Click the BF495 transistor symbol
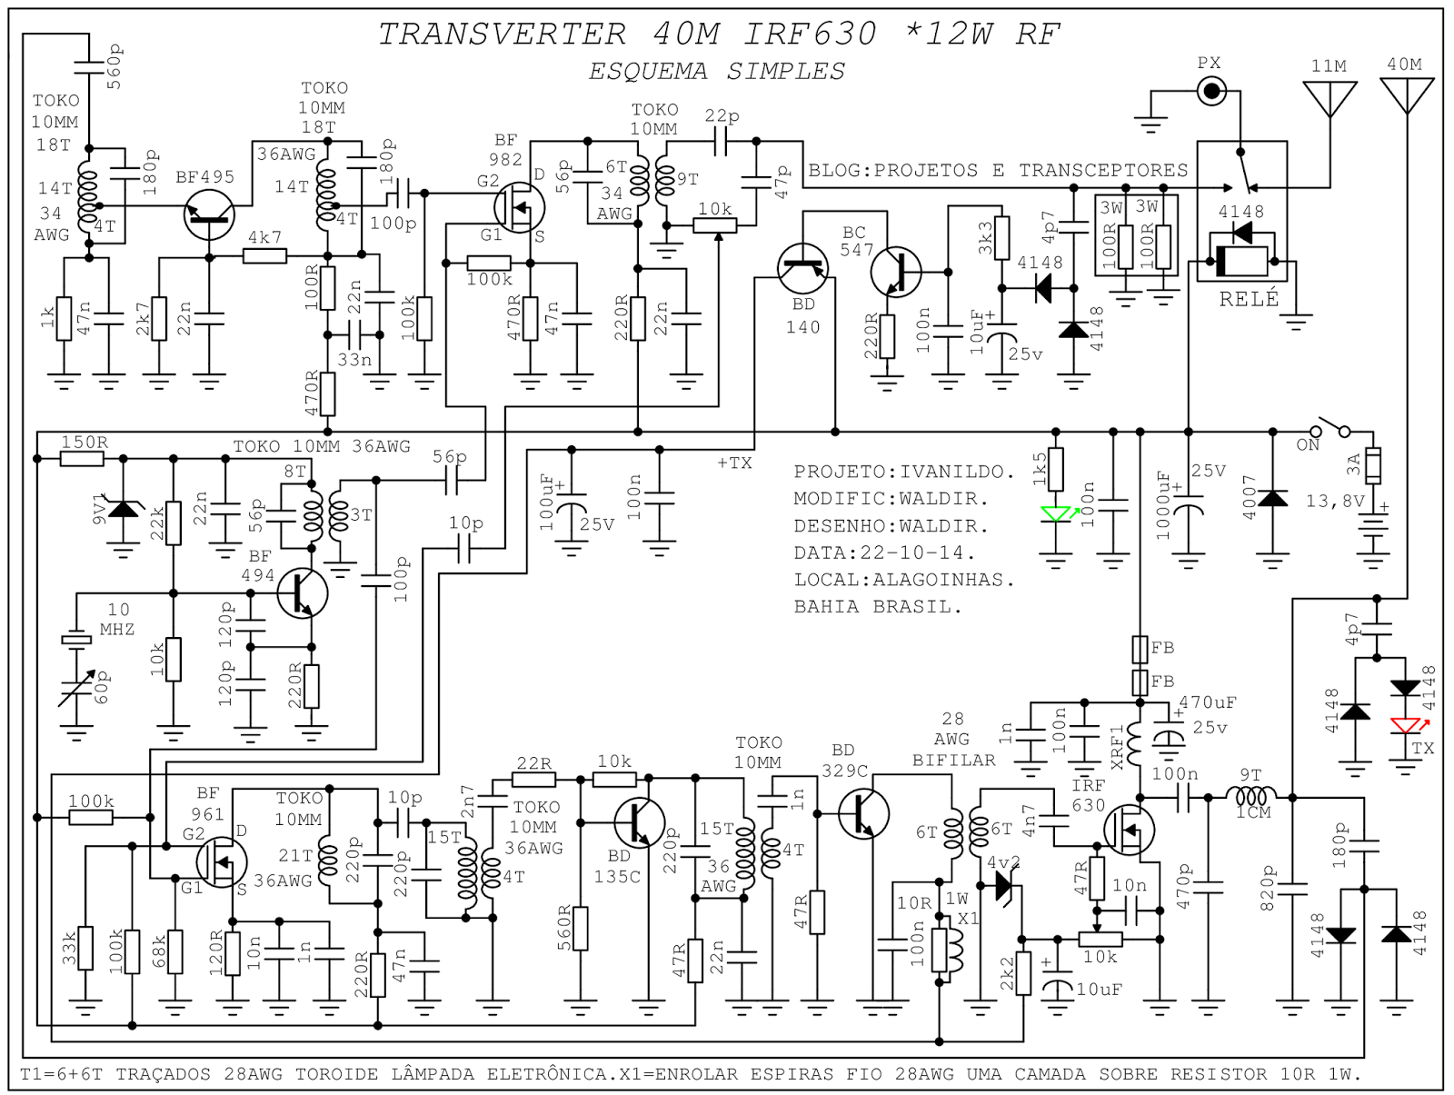pos(209,215)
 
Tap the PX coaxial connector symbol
pos(1210,90)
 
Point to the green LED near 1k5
pos(1056,514)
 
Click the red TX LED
pos(1406,725)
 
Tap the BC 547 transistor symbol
pos(895,271)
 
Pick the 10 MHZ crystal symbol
pos(76,640)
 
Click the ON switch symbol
pos(1330,428)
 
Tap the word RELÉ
pos(1250,299)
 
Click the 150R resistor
pos(84,459)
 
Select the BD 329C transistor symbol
pos(861,813)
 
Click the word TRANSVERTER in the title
pos(502,34)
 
